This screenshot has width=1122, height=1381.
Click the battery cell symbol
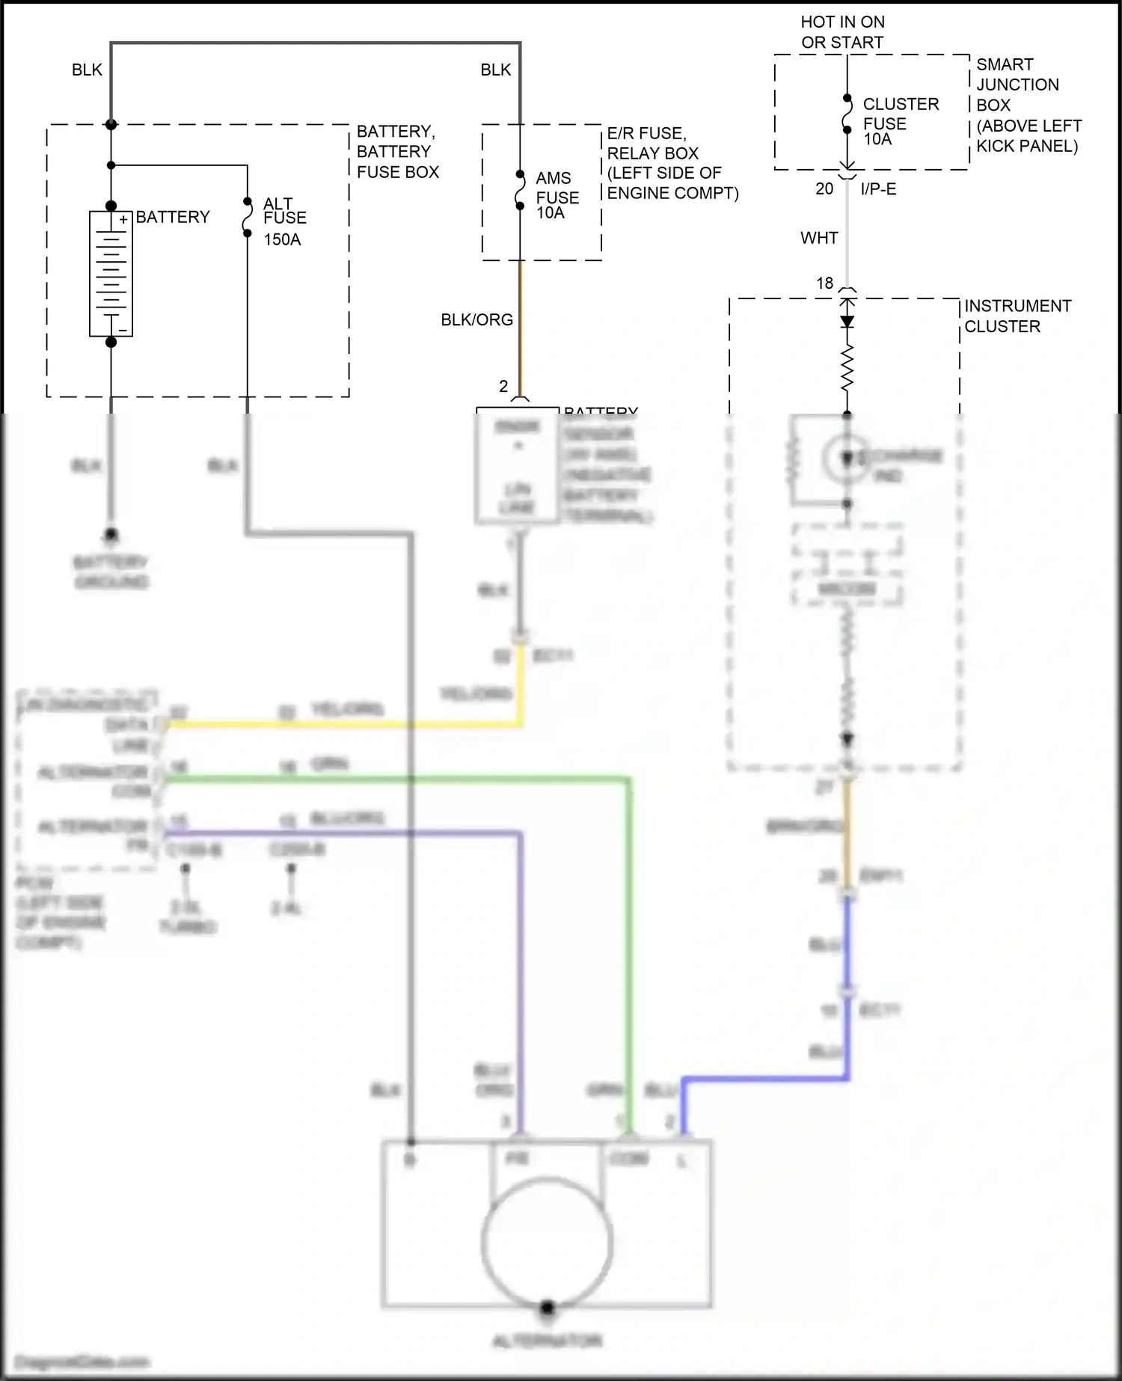click(x=111, y=274)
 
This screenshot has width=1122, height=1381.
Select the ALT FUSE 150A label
click(x=283, y=221)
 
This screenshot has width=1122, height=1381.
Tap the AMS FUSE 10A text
click(x=556, y=196)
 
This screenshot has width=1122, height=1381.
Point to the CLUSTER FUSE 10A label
click(x=899, y=121)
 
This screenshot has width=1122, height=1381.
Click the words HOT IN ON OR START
click(x=842, y=32)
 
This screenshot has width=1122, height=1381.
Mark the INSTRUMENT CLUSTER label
click(x=1017, y=316)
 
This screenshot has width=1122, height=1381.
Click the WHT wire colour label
click(x=819, y=238)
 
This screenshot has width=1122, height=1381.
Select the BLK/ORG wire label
click(x=476, y=320)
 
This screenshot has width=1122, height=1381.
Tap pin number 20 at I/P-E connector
click(x=824, y=189)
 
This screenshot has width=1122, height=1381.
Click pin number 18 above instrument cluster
click(x=824, y=284)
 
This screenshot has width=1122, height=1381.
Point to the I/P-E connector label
click(x=878, y=189)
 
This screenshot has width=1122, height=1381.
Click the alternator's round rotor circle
click(x=547, y=1242)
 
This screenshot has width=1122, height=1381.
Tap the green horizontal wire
click(x=389, y=780)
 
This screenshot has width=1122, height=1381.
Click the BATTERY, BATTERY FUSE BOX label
click(x=397, y=152)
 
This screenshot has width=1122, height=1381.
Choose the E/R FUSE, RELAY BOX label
click(x=672, y=163)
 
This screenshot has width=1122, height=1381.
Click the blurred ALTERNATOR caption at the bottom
click(x=547, y=1341)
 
